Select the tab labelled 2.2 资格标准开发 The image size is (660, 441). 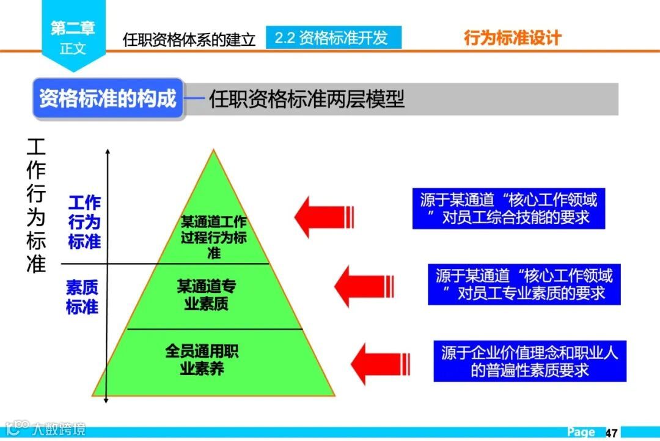pyautogui.click(x=333, y=38)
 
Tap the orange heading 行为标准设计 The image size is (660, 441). pyautogui.click(x=512, y=39)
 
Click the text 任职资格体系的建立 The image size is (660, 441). pyautogui.click(x=189, y=40)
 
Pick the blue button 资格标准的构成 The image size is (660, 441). pyautogui.click(x=108, y=98)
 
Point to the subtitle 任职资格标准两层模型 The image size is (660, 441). pyautogui.click(x=307, y=99)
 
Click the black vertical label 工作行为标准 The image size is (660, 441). pyautogui.click(x=36, y=205)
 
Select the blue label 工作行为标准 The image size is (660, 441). pyautogui.click(x=84, y=222)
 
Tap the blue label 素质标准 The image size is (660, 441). pyautogui.click(x=82, y=297)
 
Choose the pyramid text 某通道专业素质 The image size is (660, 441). pyautogui.click(x=207, y=295)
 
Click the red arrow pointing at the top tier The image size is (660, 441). pyautogui.click(x=324, y=216)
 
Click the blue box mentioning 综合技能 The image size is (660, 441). pyautogui.click(x=508, y=209)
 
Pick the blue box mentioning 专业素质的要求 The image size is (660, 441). pyautogui.click(x=524, y=284)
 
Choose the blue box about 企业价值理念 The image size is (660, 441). pyautogui.click(x=530, y=361)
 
